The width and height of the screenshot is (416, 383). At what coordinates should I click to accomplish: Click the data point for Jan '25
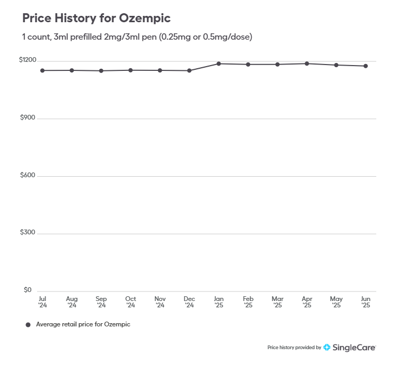click(218, 63)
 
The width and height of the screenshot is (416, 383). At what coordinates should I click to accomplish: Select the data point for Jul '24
click(42, 70)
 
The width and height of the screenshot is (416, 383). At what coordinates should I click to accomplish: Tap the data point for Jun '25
click(366, 66)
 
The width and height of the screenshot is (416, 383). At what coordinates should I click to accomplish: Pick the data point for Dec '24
click(189, 70)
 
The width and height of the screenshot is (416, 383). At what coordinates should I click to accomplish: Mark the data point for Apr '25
click(307, 63)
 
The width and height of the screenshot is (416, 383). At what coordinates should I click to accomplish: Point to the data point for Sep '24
click(101, 71)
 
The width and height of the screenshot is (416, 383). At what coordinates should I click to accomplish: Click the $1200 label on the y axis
click(28, 60)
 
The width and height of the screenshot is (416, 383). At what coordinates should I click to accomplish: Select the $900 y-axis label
click(28, 118)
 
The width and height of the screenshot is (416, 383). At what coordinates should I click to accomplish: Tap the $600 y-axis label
click(28, 176)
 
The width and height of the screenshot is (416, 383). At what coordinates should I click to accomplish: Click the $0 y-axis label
click(28, 290)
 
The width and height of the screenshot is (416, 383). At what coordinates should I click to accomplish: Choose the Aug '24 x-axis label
click(72, 302)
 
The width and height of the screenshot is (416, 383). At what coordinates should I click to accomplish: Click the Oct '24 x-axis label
click(130, 302)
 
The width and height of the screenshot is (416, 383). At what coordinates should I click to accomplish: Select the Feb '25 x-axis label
click(248, 302)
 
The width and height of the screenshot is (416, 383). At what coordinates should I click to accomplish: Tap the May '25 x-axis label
click(336, 302)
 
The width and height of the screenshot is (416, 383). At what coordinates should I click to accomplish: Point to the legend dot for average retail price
click(28, 325)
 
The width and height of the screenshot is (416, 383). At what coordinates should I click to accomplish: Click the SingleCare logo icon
click(327, 348)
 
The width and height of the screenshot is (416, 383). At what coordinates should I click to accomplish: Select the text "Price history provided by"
click(294, 348)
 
